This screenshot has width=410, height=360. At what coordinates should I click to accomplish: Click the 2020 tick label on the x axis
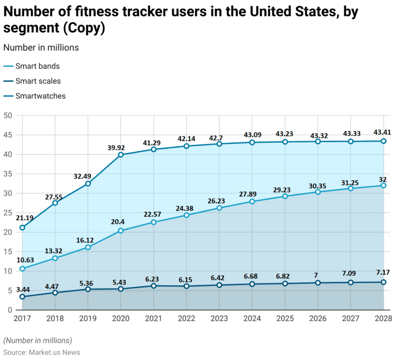click(121, 320)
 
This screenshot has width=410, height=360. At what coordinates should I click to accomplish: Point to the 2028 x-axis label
click(384, 320)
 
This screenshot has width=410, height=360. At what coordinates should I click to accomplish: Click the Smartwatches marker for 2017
click(22, 227)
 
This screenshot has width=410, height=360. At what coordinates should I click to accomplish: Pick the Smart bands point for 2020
click(121, 231)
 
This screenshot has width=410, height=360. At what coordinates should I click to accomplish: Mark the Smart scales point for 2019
click(88, 289)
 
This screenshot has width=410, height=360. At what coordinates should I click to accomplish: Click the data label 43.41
click(384, 132)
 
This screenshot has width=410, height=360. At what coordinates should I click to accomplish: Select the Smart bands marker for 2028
click(384, 185)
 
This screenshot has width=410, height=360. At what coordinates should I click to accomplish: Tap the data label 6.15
click(186, 277)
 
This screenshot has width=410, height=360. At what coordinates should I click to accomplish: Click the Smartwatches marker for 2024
click(252, 142)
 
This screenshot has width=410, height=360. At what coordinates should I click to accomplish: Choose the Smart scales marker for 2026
click(318, 283)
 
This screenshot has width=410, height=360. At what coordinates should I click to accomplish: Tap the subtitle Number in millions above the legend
click(41, 47)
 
